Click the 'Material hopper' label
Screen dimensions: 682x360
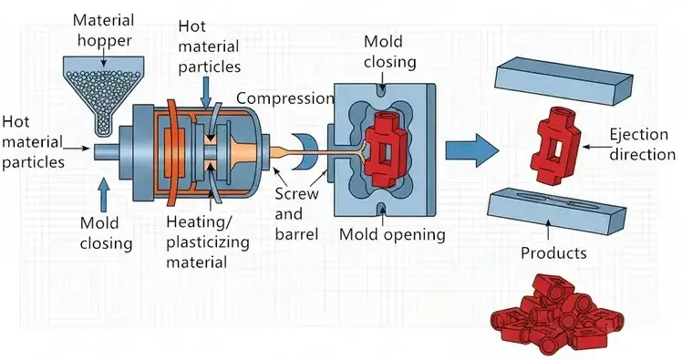[104, 30]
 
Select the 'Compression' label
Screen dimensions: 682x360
[284, 98]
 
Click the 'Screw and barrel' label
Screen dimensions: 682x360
[296, 214]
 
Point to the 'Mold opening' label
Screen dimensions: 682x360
[392, 234]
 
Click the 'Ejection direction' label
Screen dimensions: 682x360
[642, 144]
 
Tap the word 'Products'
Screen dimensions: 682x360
[553, 252]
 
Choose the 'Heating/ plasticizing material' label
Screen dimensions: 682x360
[208, 242]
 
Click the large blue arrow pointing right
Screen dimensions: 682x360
[472, 150]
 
